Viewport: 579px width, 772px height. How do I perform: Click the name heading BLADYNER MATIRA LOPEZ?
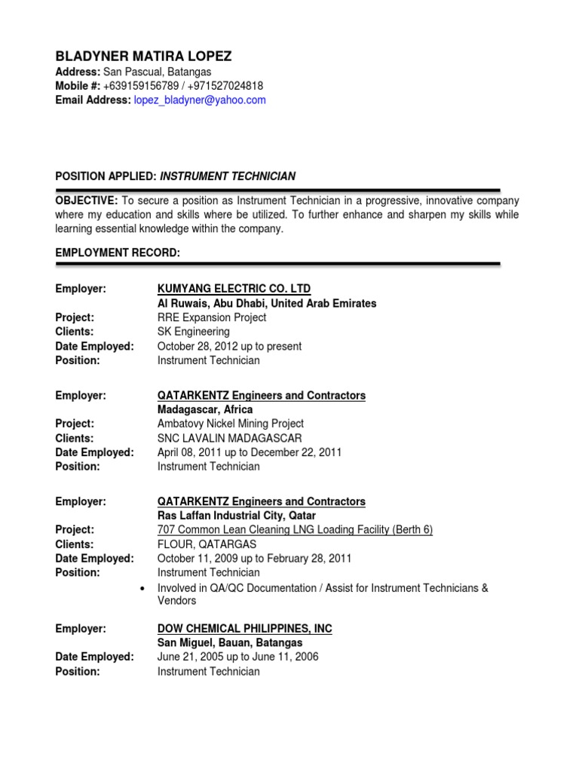[x=143, y=57]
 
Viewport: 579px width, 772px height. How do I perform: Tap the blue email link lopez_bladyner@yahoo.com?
[x=200, y=100]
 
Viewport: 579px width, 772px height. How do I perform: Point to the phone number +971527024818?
[x=225, y=86]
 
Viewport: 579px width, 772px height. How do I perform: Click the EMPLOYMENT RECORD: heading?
[x=118, y=253]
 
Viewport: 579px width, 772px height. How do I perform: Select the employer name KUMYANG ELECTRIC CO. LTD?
[x=234, y=289]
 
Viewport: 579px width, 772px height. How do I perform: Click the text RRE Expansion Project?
[x=212, y=317]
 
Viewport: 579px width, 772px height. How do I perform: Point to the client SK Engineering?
[x=194, y=332]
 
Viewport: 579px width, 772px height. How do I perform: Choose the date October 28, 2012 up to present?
[x=229, y=346]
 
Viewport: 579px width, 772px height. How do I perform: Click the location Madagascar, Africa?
[x=205, y=409]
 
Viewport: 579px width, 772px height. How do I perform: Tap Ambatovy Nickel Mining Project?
[x=231, y=424]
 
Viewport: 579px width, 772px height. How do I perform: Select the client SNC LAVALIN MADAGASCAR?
[x=230, y=438]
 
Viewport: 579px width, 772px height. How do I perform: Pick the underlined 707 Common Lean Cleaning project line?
[x=295, y=530]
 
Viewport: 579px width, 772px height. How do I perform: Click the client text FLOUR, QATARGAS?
[x=207, y=544]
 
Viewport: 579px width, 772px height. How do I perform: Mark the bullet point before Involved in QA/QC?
[x=142, y=588]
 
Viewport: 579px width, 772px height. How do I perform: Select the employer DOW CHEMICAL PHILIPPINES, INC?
[x=244, y=629]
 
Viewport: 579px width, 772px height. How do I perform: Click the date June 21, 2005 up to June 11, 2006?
[x=237, y=657]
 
